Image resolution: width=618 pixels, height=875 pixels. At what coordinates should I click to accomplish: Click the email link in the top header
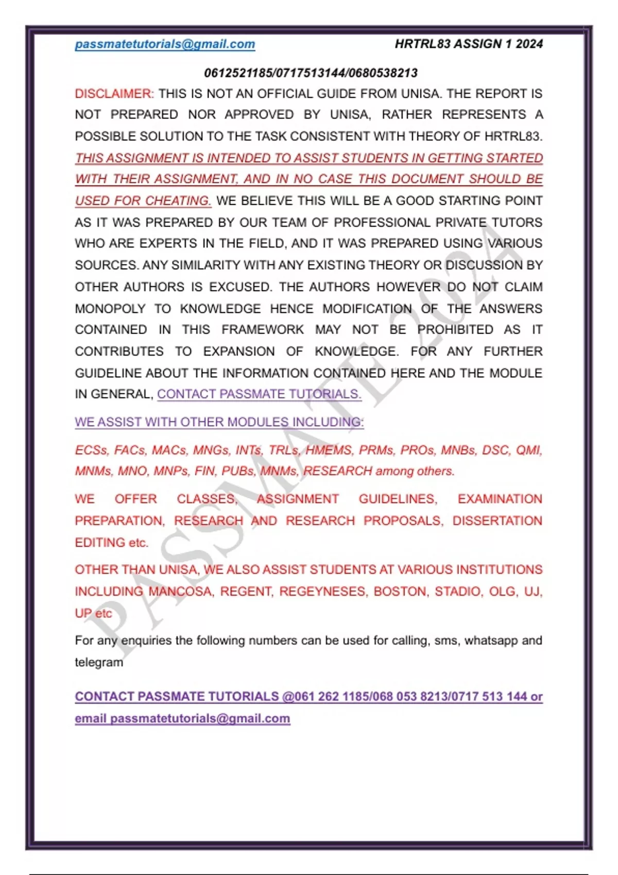click(165, 44)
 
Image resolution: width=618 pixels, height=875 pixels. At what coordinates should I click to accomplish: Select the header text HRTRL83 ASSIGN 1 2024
click(469, 44)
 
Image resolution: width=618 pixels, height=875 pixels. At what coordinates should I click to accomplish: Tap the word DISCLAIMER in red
click(114, 94)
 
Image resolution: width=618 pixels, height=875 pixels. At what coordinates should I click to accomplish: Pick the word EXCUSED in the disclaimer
click(239, 287)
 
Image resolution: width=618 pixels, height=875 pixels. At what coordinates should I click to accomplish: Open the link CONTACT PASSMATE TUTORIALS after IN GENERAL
click(259, 394)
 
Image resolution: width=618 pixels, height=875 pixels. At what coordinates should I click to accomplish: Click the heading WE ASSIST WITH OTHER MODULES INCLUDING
click(219, 422)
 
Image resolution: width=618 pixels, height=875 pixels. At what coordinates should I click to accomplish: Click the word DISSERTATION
click(497, 521)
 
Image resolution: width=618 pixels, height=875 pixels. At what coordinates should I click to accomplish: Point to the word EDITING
click(100, 542)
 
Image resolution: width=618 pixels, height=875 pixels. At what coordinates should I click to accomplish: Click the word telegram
click(99, 662)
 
